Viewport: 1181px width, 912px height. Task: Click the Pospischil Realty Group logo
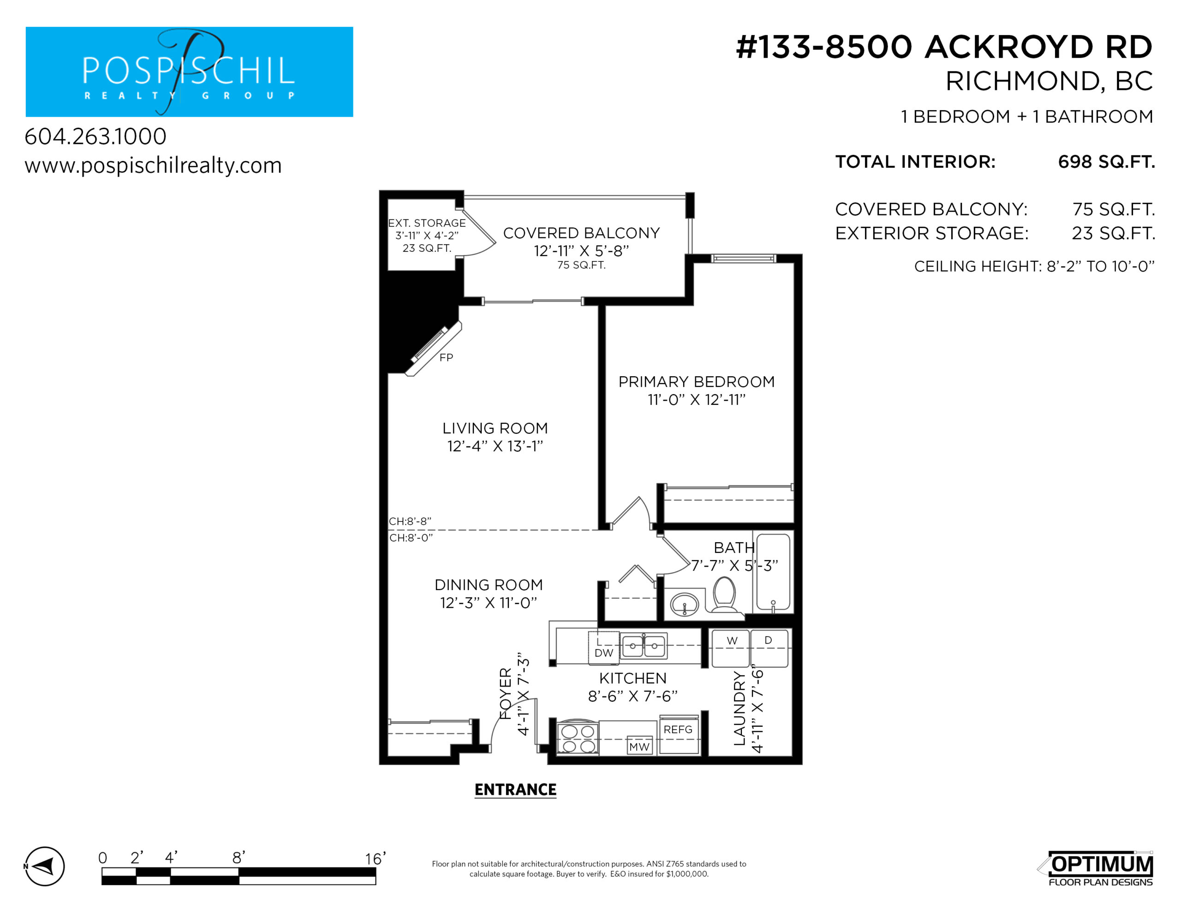189,71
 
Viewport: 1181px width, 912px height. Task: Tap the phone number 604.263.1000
95,136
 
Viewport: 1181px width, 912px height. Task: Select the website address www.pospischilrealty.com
153,166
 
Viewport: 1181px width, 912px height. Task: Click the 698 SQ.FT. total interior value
1106,162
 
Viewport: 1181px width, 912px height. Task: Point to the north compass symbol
44,866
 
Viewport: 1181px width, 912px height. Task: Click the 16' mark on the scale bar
375,859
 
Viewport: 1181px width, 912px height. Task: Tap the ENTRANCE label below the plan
515,790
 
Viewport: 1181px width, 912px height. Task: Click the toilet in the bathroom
725,595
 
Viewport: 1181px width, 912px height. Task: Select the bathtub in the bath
773,572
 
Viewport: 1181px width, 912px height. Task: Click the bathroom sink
685,604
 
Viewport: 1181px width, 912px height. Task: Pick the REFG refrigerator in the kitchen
679,734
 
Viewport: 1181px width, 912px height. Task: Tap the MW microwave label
639,746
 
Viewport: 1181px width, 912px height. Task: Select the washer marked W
731,648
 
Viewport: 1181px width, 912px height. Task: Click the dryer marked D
769,648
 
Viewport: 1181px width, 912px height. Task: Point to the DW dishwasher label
604,652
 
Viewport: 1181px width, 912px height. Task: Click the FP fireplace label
446,357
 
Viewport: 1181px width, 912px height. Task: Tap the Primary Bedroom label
697,382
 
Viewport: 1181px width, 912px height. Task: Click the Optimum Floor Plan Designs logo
1096,869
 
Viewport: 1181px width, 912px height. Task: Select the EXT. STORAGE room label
427,223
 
